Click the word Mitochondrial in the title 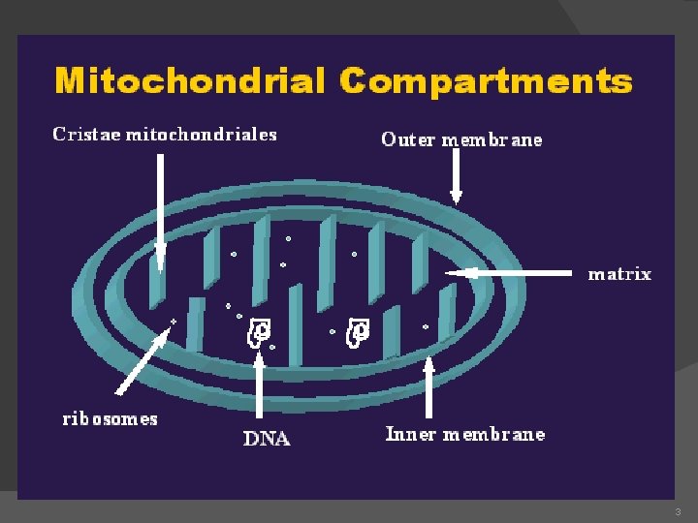pyautogui.click(x=190, y=79)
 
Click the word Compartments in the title pyautogui.click(x=486, y=80)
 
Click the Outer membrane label pyautogui.click(x=461, y=139)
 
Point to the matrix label pyautogui.click(x=619, y=274)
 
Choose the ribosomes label pyautogui.click(x=110, y=419)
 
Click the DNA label pyautogui.click(x=266, y=439)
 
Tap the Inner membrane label pyautogui.click(x=465, y=434)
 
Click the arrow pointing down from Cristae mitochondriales pyautogui.click(x=160, y=208)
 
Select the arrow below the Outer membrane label pyautogui.click(x=456, y=179)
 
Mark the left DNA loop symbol pyautogui.click(x=259, y=331)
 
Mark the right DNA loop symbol pyautogui.click(x=358, y=331)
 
